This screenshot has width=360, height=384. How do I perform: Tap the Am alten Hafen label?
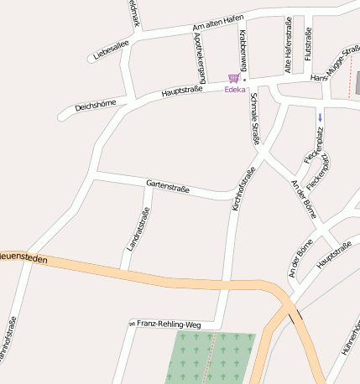pos(220,24)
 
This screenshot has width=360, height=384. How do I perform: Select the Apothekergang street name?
pos(200,54)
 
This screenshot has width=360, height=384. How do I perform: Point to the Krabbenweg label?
pos(243,48)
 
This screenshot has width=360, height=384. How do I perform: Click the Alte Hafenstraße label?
pos(288,46)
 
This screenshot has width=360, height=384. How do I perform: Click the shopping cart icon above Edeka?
pos(233,78)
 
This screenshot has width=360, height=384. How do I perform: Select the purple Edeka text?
pos(234,90)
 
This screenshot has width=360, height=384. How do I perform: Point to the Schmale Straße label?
pos(255,119)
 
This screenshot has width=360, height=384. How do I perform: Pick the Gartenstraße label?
pos(168,186)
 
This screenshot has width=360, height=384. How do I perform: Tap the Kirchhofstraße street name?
pos(243,189)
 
